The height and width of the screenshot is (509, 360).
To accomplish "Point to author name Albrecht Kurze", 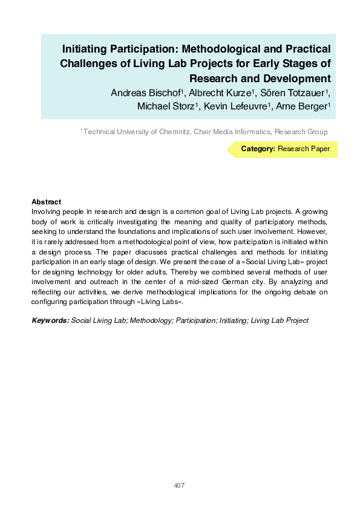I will tap(220, 92).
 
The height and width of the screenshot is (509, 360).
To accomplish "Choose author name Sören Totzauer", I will tap(293, 92).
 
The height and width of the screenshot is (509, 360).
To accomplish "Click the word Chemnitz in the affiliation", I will tap(171, 132).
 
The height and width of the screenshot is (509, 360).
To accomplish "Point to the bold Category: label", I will tap(258, 149).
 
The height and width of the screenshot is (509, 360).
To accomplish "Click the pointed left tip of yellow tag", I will tap(228, 149).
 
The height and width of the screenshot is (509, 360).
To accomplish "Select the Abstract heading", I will tap(46, 202).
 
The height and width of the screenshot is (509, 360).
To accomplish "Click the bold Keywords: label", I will tap(50, 320).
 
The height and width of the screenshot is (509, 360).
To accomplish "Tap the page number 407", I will tap(179, 485).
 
